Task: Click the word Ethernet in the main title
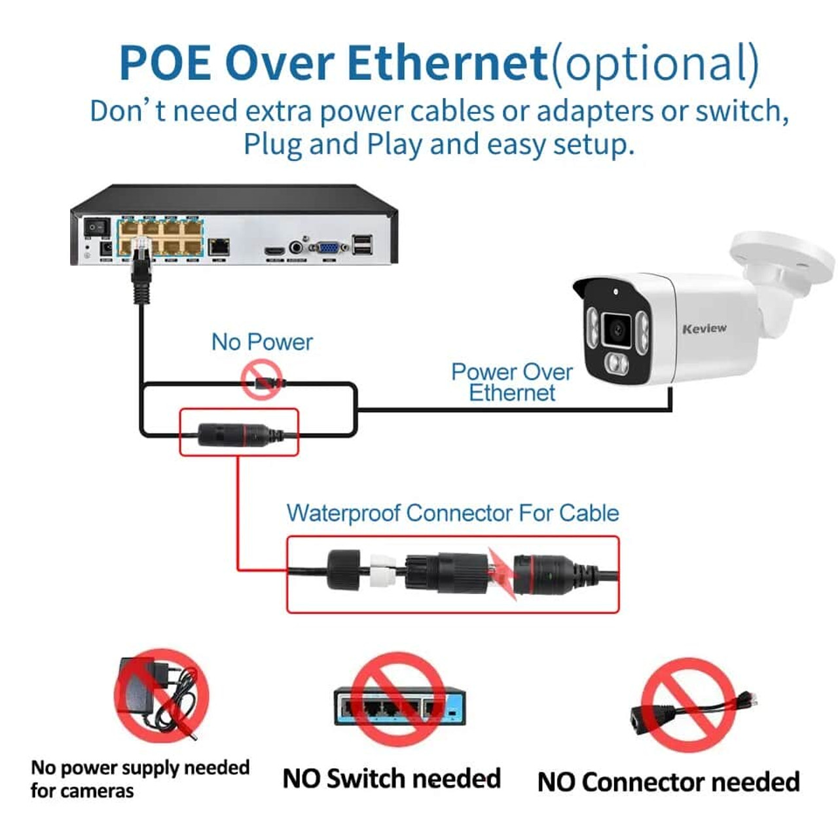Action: point(446,64)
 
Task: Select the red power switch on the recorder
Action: point(96,227)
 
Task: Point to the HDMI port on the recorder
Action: point(274,251)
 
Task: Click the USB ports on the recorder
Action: point(362,244)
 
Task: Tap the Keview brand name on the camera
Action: point(704,328)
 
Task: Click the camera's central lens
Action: point(617,329)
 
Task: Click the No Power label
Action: point(262,342)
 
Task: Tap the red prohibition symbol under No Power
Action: point(262,380)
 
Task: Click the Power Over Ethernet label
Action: point(512,382)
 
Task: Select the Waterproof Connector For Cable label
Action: point(452,513)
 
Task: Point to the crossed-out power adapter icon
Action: point(161,695)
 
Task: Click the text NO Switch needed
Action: point(392,778)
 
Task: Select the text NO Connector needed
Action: point(668,782)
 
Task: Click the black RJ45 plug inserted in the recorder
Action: point(141,268)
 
